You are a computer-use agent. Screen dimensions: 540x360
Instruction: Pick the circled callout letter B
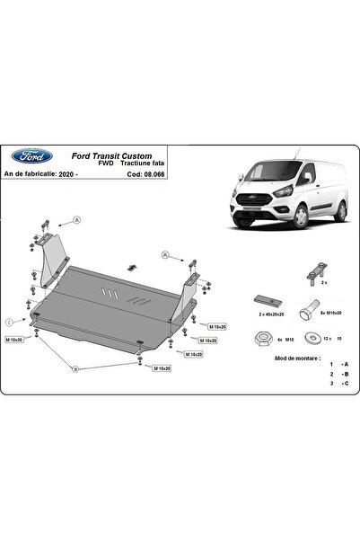[75, 368]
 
